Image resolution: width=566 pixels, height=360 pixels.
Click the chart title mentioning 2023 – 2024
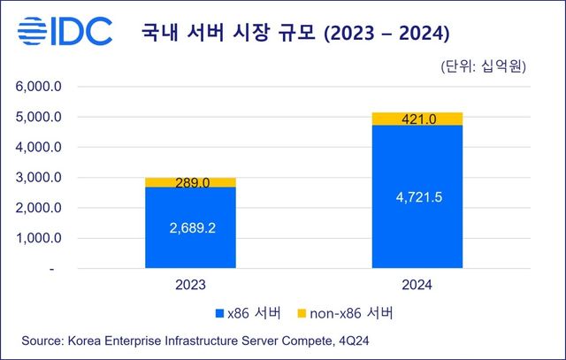tap(296, 34)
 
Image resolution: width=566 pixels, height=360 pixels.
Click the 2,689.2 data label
tap(190, 227)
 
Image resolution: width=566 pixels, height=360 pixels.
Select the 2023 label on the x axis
tap(190, 285)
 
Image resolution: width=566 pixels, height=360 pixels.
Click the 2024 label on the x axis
tap(417, 285)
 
